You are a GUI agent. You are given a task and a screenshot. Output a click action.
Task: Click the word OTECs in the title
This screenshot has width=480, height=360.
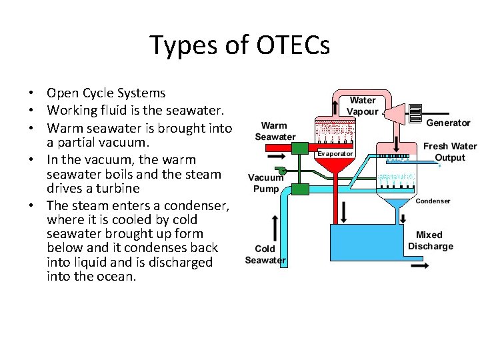(x=292, y=45)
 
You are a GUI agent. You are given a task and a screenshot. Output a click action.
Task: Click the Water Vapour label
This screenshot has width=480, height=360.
(x=363, y=106)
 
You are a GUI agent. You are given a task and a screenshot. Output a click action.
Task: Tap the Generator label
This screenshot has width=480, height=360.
(x=448, y=123)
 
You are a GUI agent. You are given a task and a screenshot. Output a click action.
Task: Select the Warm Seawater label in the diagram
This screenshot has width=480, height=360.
(x=275, y=131)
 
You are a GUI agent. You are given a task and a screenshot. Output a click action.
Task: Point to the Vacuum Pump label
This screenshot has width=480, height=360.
(x=266, y=183)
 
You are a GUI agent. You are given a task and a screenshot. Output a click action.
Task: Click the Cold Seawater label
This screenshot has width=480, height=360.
(x=265, y=254)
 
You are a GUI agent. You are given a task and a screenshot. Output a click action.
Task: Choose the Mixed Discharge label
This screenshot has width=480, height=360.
(x=430, y=241)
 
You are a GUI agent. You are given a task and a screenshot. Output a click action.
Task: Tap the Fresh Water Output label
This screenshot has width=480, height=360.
(x=450, y=152)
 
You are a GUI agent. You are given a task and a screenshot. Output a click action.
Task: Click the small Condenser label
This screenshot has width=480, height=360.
(x=433, y=201)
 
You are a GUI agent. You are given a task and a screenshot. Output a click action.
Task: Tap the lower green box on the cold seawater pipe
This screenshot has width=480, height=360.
(x=300, y=188)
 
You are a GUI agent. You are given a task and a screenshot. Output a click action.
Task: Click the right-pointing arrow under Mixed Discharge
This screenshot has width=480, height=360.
(x=420, y=265)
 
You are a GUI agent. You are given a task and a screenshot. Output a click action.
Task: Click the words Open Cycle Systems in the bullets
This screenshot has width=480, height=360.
(x=106, y=93)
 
